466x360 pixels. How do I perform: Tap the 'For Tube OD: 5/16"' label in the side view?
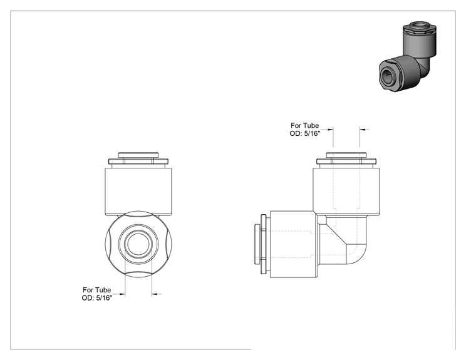pos(304,130)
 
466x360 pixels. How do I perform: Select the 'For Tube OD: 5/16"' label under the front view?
pos(97,294)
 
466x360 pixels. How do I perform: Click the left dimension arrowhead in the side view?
pos(331,130)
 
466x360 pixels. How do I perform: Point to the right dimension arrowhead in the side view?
pos(363,130)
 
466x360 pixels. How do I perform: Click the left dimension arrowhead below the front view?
pos(122,294)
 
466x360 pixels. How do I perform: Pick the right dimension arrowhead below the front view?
pos(155,294)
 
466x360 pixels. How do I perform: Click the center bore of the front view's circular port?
pos(138,244)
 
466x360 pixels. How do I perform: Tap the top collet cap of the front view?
pos(138,155)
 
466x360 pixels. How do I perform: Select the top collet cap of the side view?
pos(346,155)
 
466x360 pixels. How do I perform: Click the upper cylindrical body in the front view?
pos(138,192)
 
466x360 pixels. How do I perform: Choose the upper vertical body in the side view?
pos(346,192)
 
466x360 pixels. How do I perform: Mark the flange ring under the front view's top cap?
pos(138,162)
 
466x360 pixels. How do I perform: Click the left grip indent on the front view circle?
pos(108,244)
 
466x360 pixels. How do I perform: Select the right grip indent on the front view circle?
pos(169,244)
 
